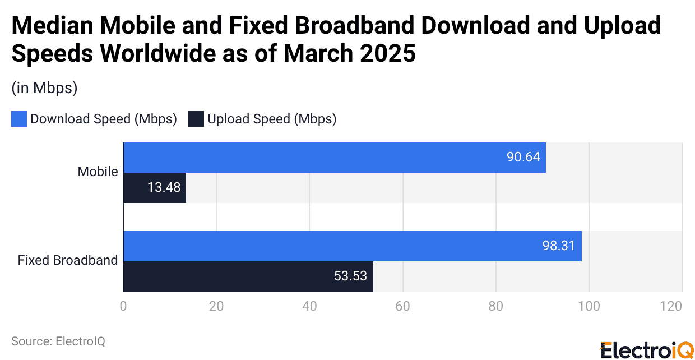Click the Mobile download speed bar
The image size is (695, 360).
pyautogui.click(x=334, y=157)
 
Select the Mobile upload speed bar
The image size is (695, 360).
pyautogui.click(x=154, y=187)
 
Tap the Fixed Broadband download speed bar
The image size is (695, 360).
pyautogui.click(x=352, y=246)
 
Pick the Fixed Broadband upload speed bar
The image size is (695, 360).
pyautogui.click(x=248, y=276)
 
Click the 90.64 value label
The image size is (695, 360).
pyautogui.click(x=523, y=157)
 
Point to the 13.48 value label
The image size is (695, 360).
pyautogui.click(x=164, y=187)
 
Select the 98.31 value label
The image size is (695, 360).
pyautogui.click(x=559, y=246)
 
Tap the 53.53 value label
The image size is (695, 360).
pyautogui.click(x=350, y=276)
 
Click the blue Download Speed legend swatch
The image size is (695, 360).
pyautogui.click(x=19, y=119)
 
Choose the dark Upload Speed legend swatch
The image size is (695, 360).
pyautogui.click(x=196, y=119)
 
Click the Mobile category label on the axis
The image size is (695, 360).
pyautogui.click(x=98, y=172)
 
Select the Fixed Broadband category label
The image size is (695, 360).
pyautogui.click(x=68, y=260)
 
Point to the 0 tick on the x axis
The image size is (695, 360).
pyautogui.click(x=123, y=306)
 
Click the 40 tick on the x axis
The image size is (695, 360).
pyautogui.click(x=309, y=306)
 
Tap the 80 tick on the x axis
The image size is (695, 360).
pyautogui.click(x=495, y=306)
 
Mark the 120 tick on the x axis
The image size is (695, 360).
pyautogui.click(x=671, y=306)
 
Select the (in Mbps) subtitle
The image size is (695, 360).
pyautogui.click(x=44, y=88)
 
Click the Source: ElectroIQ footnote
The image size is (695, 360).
pyautogui.click(x=58, y=341)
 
